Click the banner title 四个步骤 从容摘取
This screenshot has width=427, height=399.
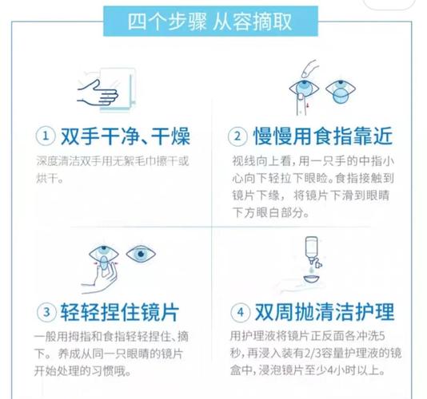(x=213, y=20)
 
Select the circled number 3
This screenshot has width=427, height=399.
(x=46, y=310)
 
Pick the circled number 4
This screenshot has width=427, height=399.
(x=238, y=310)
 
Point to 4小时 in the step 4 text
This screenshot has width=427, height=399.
(x=349, y=371)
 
